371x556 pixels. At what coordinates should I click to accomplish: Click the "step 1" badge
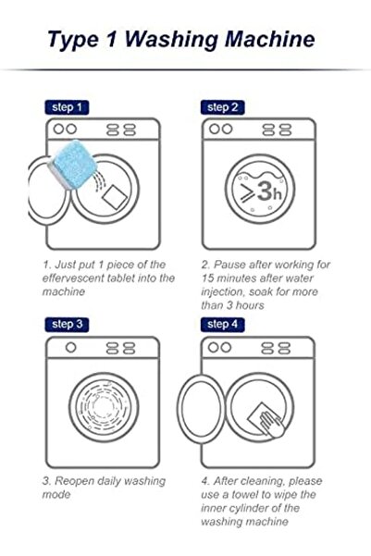(x=67, y=107)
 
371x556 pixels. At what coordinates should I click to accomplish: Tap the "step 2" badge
(x=222, y=107)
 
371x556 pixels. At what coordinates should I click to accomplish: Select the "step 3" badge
(x=67, y=325)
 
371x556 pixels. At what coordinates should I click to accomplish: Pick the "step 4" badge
(x=222, y=325)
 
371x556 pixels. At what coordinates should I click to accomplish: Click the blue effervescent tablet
(x=72, y=164)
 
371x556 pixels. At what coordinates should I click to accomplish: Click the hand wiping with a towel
(x=272, y=424)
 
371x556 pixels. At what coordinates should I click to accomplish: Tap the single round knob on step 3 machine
(x=71, y=348)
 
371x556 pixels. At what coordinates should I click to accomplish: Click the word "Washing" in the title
(x=170, y=40)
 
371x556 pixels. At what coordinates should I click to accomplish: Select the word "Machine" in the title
(x=270, y=40)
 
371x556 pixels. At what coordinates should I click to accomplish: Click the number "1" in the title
(x=111, y=39)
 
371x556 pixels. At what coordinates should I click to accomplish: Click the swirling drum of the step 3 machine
(x=104, y=407)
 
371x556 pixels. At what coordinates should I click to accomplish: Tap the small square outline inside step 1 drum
(x=115, y=197)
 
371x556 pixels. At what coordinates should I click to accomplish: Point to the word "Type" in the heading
(x=73, y=40)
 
